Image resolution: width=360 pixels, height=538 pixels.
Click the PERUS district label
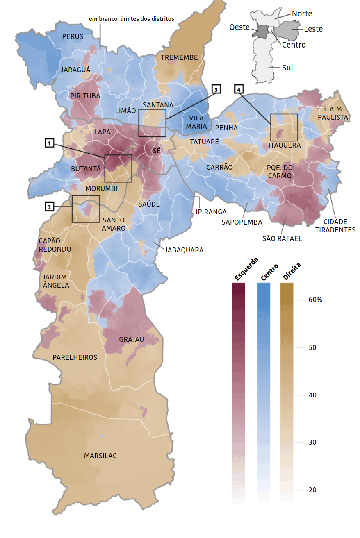point(73,36)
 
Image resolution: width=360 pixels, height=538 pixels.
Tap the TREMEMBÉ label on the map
point(179,57)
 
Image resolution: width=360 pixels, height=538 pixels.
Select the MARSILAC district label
point(100,456)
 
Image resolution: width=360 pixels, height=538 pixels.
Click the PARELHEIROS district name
point(75,357)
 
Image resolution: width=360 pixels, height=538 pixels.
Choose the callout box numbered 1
point(49,143)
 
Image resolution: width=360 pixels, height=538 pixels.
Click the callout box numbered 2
point(49,207)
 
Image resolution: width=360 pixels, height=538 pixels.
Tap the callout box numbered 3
point(216,89)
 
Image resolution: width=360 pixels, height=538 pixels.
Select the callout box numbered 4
point(239,89)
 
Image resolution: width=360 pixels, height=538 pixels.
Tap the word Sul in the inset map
point(287,68)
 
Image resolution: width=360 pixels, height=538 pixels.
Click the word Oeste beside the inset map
point(239,27)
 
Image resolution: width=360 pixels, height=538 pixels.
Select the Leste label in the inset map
point(313,29)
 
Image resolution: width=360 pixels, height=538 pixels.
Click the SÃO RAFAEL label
point(282,238)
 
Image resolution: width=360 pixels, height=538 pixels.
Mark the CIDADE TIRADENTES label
point(335,226)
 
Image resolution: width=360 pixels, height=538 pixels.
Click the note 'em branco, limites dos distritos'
point(131,19)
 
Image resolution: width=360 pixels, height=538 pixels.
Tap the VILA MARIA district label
point(196,122)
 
